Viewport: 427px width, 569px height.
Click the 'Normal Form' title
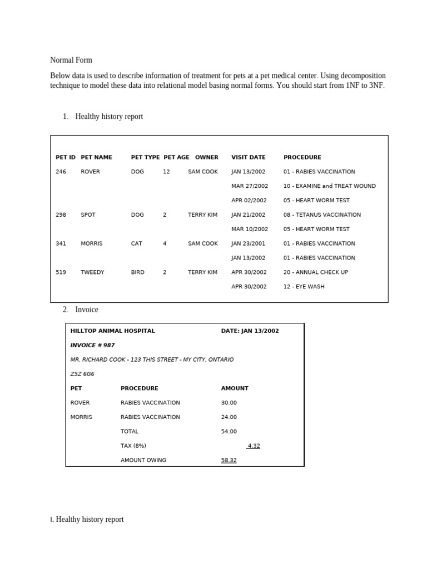tap(71, 60)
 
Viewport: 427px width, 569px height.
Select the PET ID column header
tap(66, 157)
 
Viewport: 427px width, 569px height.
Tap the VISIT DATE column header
tap(249, 157)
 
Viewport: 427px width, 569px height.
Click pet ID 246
tap(61, 172)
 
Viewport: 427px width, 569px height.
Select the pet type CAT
tap(136, 243)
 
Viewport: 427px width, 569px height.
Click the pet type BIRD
tap(137, 272)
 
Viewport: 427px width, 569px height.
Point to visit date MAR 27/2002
tap(250, 186)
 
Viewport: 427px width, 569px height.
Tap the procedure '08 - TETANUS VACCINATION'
tap(322, 214)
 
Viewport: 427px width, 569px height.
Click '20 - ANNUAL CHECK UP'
tap(315, 272)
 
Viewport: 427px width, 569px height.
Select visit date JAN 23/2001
tap(248, 243)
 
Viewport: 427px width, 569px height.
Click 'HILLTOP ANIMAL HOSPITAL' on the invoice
tap(112, 331)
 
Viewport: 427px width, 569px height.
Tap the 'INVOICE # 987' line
tap(92, 345)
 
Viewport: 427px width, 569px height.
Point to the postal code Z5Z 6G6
tap(82, 374)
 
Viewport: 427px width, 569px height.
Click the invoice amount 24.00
tap(229, 417)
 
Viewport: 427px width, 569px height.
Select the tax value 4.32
tap(254, 446)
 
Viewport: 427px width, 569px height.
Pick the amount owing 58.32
tap(229, 460)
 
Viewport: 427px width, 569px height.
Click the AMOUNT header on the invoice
tap(235, 388)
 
